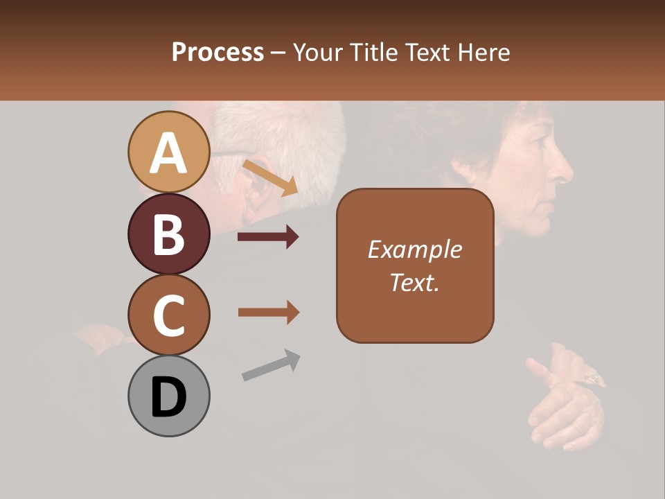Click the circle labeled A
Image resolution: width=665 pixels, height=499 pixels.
(x=168, y=152)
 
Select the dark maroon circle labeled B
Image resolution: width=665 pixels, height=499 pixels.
(x=168, y=234)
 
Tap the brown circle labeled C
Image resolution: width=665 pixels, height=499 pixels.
(x=168, y=315)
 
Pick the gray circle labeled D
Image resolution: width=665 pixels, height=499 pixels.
(x=168, y=396)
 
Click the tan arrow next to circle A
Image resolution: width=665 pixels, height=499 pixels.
(x=270, y=178)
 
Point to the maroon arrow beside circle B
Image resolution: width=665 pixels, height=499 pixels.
(x=268, y=237)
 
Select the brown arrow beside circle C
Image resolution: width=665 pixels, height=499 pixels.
(x=268, y=313)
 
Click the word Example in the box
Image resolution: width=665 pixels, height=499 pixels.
(x=414, y=249)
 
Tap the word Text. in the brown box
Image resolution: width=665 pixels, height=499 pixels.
(x=414, y=282)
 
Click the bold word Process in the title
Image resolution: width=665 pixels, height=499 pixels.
(x=218, y=52)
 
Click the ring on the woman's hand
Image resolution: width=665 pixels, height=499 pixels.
(x=594, y=378)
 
